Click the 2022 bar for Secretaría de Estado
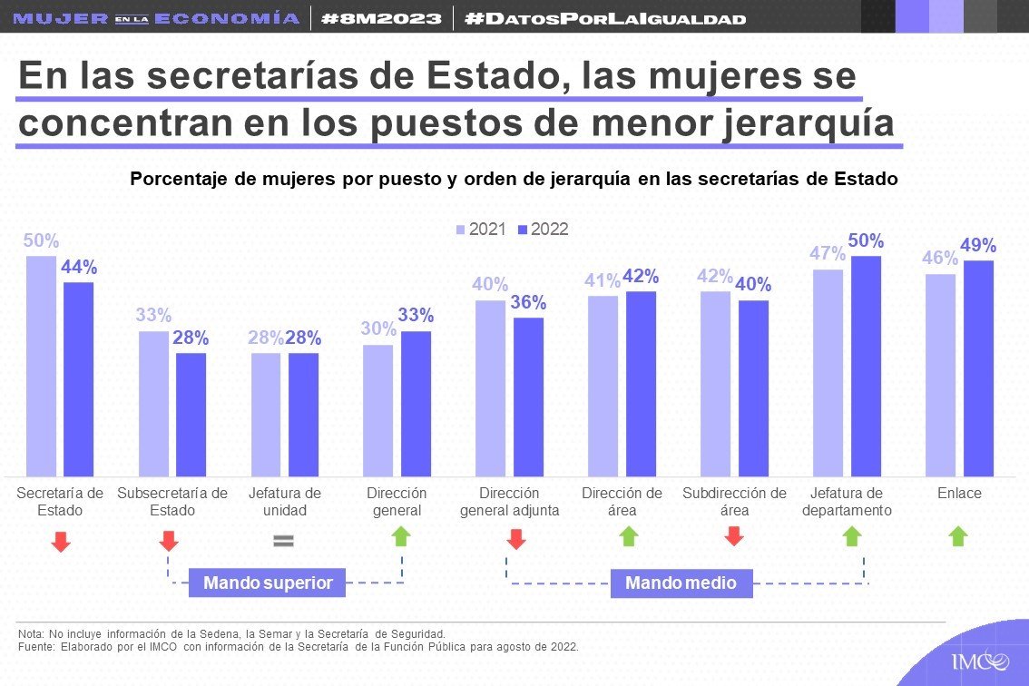(79, 379)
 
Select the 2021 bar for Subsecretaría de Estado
(153, 404)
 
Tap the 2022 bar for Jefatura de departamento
(867, 367)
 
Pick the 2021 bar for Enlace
(940, 375)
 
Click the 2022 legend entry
(543, 229)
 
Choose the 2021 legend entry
(481, 229)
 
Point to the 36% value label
(528, 302)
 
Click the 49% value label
(978, 245)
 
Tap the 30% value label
(378, 328)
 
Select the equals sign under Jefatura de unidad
(283, 541)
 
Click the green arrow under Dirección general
(401, 536)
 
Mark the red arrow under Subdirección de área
(734, 536)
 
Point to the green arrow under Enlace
(958, 536)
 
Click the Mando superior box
(267, 583)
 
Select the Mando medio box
(681, 583)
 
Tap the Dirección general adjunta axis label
(509, 502)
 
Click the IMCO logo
(980, 661)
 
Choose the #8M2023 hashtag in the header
(381, 18)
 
